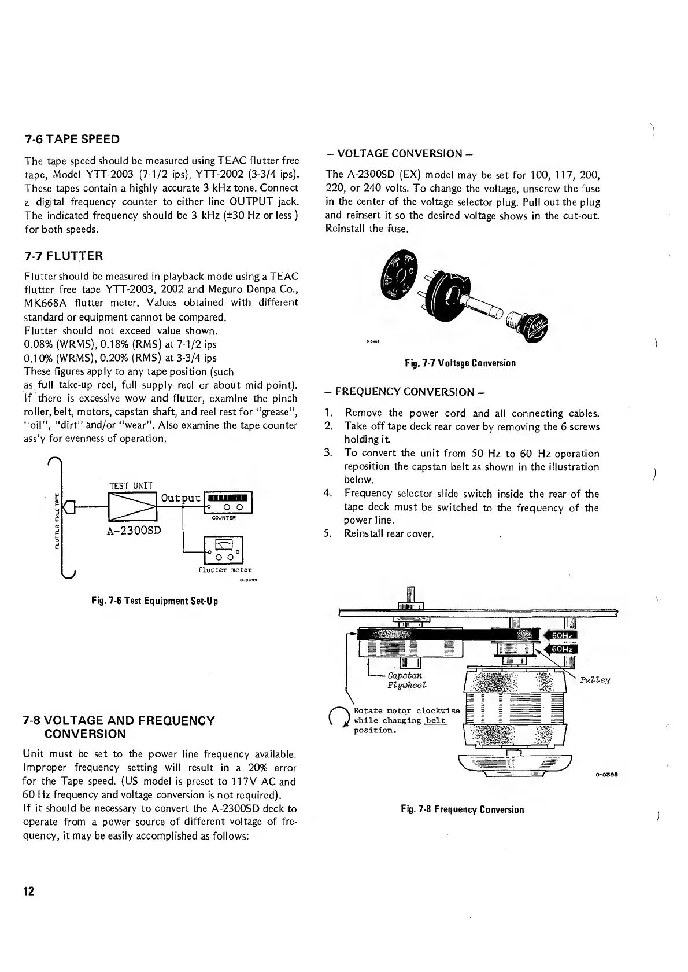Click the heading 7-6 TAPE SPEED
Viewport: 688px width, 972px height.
72,139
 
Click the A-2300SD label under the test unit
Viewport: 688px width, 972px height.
134,531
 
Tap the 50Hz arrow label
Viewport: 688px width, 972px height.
558,636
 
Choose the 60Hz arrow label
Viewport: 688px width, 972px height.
558,649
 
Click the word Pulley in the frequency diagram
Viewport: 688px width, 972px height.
595,680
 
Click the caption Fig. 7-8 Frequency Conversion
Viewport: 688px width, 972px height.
462,809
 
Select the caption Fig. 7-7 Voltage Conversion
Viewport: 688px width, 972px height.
460,363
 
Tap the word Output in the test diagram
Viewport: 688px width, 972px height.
180,498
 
